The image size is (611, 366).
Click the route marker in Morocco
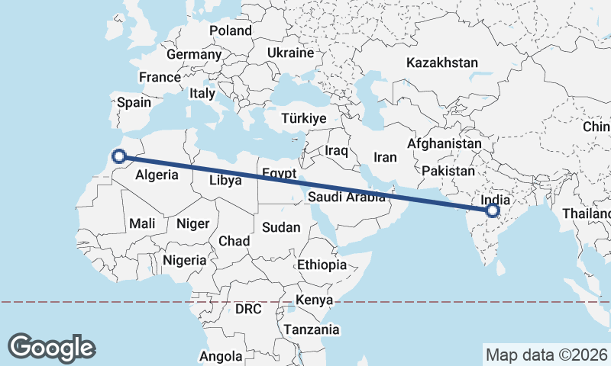tap(118, 156)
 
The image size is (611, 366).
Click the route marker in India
tap(493, 210)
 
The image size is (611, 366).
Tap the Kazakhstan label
tap(442, 63)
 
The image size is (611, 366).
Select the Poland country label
tap(230, 30)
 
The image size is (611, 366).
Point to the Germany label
tap(193, 55)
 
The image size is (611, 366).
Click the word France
tap(160, 77)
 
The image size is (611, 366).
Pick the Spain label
tap(134, 102)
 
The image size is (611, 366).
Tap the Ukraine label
tap(290, 53)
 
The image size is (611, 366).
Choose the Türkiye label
tap(303, 119)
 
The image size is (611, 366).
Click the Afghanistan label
tap(445, 143)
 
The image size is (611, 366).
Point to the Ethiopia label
tap(322, 265)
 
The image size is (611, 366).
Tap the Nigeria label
tap(183, 260)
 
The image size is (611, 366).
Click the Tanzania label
tap(311, 329)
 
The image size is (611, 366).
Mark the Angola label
tap(221, 356)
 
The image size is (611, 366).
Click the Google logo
tap(51, 348)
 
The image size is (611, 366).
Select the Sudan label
tap(281, 227)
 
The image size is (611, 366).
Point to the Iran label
tap(385, 157)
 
